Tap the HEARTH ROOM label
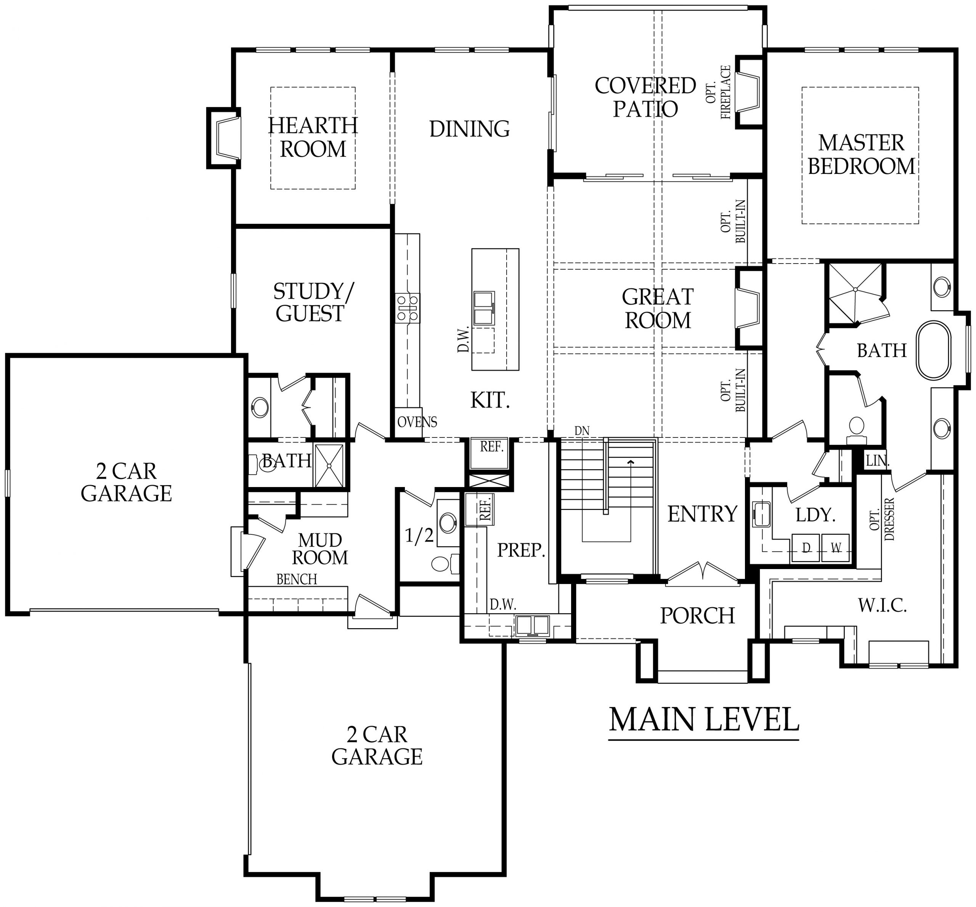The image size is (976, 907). [313, 137]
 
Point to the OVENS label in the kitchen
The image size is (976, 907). [417, 422]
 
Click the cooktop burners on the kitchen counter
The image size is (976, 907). [407, 308]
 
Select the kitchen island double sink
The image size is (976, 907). [483, 308]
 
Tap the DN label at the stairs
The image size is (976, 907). [581, 431]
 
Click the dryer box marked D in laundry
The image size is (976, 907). [805, 548]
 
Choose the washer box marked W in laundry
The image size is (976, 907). [835, 548]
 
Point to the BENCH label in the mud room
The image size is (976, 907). [296, 579]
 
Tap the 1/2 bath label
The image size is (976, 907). [419, 536]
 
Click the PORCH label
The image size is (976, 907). [697, 616]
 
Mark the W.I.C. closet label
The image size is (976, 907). [882, 606]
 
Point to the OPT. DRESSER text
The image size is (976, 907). [882, 519]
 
